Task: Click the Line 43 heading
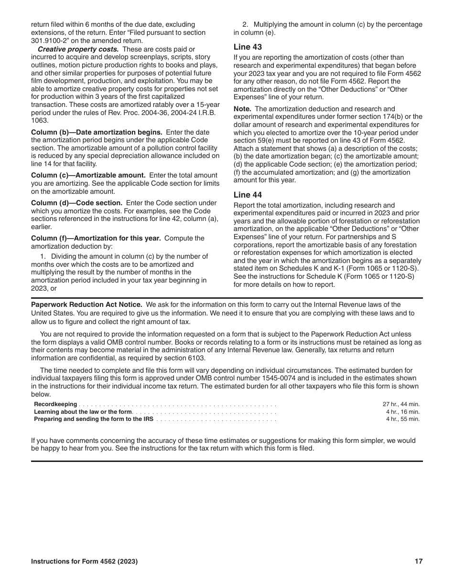click(248, 47)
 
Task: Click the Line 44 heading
click(248, 195)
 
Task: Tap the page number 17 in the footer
click(419, 562)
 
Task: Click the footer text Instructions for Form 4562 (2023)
click(85, 562)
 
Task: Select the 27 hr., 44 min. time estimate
click(401, 404)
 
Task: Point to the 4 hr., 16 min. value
click(403, 412)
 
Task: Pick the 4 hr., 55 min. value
click(403, 419)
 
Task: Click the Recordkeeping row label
click(55, 404)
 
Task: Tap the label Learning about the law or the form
click(83, 412)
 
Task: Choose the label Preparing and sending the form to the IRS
click(94, 419)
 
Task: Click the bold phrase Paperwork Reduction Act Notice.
click(86, 304)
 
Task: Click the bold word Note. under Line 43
click(243, 109)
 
